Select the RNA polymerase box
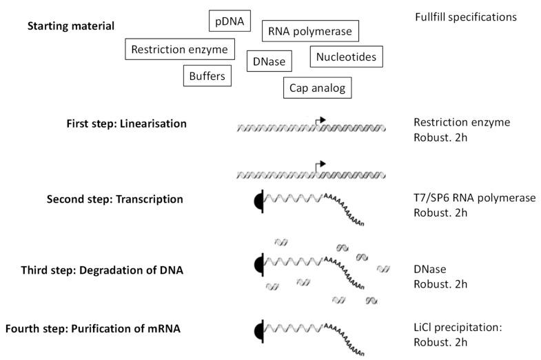[309, 32]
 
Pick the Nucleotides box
[346, 57]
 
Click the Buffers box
[207, 75]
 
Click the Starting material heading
[70, 26]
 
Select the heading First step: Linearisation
[124, 123]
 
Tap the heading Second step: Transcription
[114, 199]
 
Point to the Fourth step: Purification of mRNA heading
[92, 329]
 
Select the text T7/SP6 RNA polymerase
[474, 199]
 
